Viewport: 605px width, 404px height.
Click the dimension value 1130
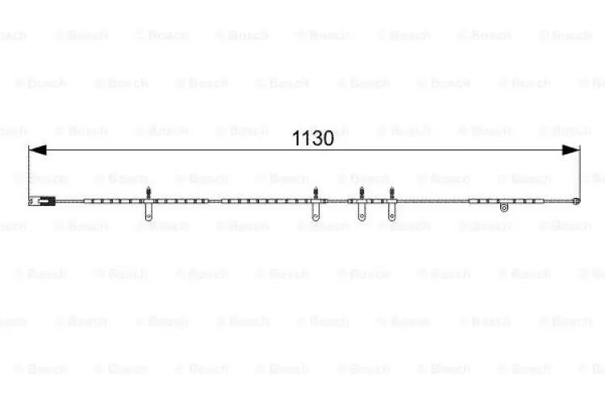point(312,138)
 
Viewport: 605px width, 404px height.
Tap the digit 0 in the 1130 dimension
point(328,138)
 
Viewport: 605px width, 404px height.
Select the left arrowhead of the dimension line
point(37,150)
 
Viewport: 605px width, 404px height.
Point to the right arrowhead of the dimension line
point(570,150)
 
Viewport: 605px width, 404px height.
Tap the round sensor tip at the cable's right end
point(576,200)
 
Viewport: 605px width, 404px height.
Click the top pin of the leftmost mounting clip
point(148,192)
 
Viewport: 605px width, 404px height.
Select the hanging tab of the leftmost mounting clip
point(148,212)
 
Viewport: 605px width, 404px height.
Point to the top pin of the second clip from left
point(315,192)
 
